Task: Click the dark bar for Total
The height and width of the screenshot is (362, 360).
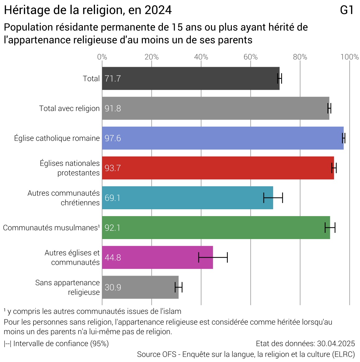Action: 191,79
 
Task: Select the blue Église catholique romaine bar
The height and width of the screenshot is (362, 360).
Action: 223,138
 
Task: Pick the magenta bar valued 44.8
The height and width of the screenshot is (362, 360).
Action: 157,257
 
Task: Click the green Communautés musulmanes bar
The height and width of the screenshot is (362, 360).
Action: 216,228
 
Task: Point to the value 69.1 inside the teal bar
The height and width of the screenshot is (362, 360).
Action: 112,198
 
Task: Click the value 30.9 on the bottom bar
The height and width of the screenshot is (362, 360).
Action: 113,287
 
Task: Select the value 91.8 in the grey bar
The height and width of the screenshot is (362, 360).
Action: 113,109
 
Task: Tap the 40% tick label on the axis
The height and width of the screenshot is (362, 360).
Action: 201,57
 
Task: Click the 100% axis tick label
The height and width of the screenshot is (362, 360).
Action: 349,57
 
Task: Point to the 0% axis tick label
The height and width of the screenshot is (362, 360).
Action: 102,57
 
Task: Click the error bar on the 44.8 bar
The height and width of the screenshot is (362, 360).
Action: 213,257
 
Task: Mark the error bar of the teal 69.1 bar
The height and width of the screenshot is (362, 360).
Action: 273,198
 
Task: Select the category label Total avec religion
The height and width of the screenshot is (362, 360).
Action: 69,108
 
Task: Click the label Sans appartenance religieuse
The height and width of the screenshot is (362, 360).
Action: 67,287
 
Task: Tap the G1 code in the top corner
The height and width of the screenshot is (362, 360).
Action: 347,10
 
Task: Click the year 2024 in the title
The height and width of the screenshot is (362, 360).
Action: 158,10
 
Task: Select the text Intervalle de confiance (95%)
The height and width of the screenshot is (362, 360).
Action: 61,344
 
